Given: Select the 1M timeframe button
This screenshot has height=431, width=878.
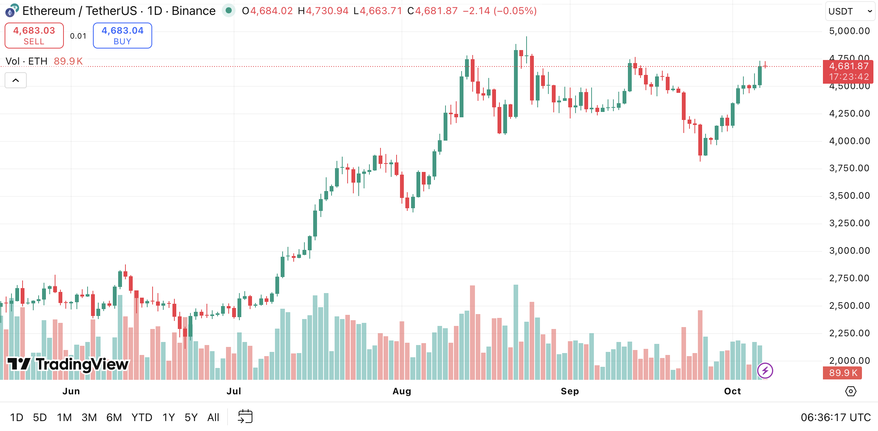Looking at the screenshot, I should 64,417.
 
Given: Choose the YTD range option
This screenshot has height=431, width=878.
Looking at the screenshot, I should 141,417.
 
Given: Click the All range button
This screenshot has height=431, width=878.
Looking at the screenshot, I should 213,417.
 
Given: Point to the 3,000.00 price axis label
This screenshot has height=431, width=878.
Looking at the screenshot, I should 849,251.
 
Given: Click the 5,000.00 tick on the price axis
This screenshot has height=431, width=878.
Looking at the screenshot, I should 849,31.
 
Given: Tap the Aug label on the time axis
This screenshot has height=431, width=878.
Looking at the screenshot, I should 402,391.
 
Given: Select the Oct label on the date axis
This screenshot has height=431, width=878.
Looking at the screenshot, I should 732,391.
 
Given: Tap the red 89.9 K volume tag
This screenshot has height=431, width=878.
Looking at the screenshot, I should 842,373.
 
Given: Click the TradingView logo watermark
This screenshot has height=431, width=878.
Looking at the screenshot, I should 68,364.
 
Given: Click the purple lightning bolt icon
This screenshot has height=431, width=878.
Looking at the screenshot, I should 765,370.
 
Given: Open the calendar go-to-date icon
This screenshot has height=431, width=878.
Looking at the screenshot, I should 245,416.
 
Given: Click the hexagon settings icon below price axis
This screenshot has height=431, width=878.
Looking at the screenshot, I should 850,391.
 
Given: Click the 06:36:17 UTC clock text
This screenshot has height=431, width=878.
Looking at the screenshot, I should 836,417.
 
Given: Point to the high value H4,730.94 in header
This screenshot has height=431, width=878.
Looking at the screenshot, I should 323,11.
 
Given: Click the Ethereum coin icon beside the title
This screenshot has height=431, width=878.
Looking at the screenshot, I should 11,11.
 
